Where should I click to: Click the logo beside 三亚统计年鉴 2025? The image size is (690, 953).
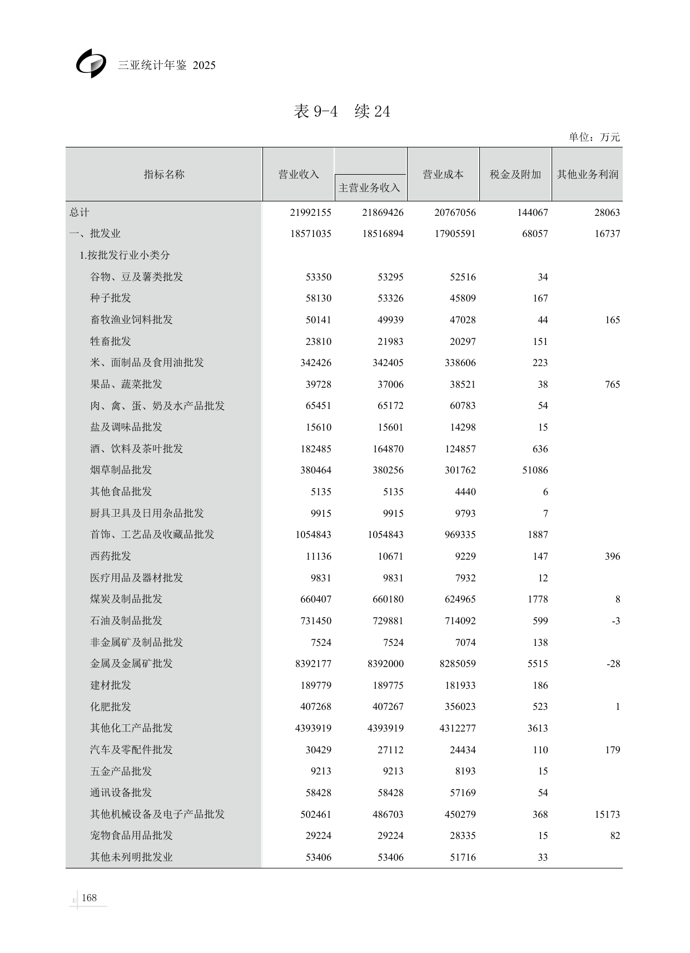coord(91,63)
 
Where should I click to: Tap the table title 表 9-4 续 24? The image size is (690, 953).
coord(342,111)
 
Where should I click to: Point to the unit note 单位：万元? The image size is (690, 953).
coord(594,137)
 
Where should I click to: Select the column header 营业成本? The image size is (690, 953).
coord(443,174)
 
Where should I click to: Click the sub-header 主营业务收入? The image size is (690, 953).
coord(369,187)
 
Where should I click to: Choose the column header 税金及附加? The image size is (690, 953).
coord(515,174)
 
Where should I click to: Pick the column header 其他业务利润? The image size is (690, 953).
coord(588,174)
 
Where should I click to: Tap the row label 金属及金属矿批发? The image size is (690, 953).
coord(131,663)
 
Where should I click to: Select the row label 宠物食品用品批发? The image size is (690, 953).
coord(131,835)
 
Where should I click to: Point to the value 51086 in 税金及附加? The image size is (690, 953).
coord(535,470)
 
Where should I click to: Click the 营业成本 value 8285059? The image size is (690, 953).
coord(455,664)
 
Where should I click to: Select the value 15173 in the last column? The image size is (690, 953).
coord(607,814)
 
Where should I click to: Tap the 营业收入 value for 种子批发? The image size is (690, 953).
coord(318,298)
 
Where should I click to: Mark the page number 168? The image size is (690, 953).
coord(89,897)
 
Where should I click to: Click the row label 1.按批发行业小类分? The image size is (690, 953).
coord(125,255)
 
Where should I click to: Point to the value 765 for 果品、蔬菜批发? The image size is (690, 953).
coord(612,384)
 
